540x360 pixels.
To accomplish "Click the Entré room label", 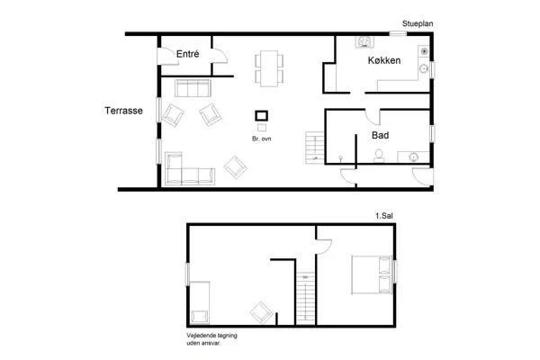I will pos(187,54).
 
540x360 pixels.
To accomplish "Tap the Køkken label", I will pos(384,61).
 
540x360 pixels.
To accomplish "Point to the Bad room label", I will pos(380,136).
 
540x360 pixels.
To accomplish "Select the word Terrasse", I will pos(123,112).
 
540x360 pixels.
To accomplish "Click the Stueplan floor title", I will pos(419,24).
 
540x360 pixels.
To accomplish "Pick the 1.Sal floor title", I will pos(384,217).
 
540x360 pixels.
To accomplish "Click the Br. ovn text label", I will pos(263,139).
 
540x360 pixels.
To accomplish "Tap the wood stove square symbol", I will pos(262,115).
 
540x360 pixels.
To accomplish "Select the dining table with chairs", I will pos(268,67).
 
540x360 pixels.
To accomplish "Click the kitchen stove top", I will pos(366,42).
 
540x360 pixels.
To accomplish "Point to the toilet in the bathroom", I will pos(380,156).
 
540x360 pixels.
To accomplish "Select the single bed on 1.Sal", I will pos(201,301).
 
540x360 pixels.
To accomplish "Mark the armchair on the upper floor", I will pos(262,312).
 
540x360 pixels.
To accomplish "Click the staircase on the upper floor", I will pos(307,298).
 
